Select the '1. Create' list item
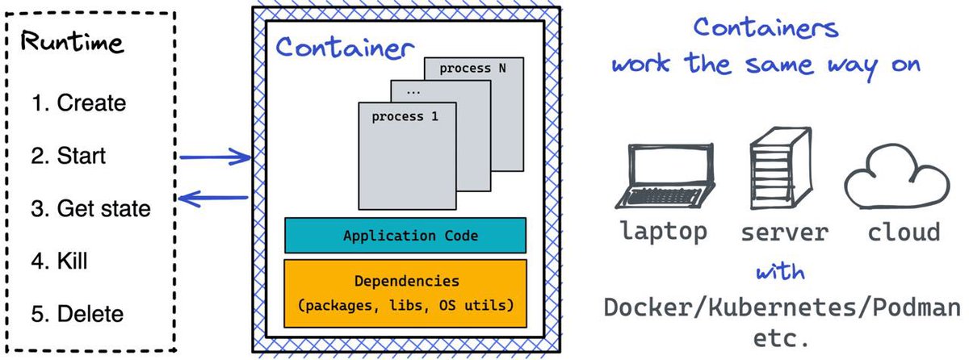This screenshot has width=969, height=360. point(78,103)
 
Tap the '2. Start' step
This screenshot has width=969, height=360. point(68,155)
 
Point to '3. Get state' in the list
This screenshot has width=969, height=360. point(90,208)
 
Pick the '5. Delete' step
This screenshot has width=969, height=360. point(78,313)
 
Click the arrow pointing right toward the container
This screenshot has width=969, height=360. point(215,157)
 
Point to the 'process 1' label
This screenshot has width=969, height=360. point(405,117)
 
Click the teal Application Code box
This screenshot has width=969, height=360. point(405,236)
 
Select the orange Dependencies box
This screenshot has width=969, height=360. point(405,293)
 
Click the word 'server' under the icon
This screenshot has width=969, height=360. point(784,232)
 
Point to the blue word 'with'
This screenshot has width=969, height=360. point(779,273)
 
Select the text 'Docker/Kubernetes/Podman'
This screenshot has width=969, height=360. point(782,308)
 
